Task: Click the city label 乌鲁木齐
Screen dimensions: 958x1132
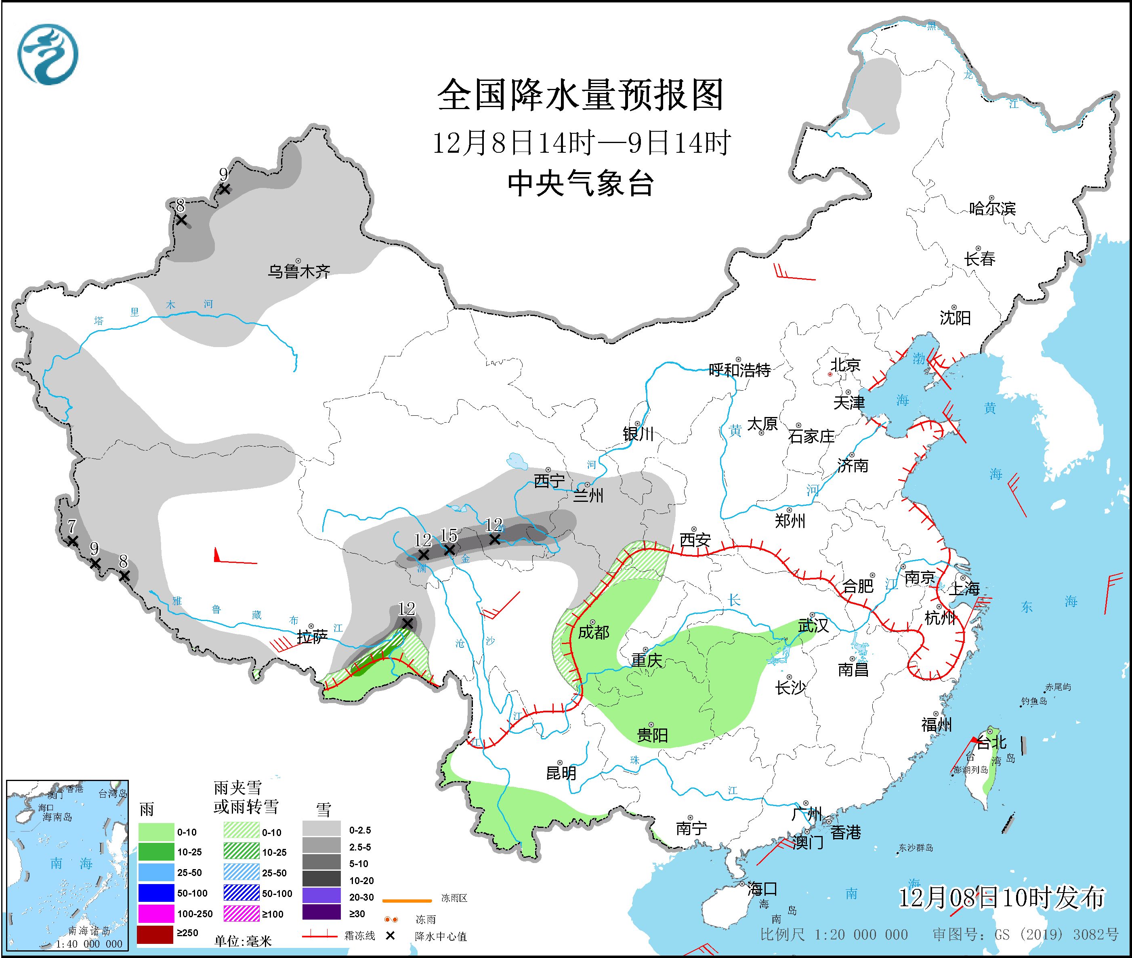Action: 298,271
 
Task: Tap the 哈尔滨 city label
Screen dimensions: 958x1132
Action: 992,208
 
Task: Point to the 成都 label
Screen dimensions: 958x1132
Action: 593,632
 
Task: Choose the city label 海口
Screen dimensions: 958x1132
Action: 762,889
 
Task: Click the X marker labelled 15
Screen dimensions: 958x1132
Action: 449,550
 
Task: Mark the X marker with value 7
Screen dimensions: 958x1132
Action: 72,541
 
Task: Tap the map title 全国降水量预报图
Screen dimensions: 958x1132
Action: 580,95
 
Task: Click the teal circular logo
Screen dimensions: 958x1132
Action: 48,54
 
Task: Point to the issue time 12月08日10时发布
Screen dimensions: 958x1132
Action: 1001,898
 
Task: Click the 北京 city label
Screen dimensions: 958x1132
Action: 845,365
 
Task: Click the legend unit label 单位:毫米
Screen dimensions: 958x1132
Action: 243,941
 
